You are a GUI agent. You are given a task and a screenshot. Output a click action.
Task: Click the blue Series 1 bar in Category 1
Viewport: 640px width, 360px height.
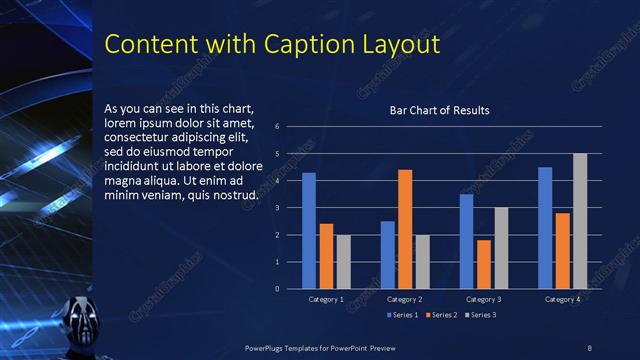coord(309,231)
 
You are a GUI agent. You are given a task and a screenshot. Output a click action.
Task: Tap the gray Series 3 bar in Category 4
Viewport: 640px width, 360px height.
coord(580,221)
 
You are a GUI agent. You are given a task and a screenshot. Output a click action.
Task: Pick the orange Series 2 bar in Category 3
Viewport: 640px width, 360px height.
coord(484,264)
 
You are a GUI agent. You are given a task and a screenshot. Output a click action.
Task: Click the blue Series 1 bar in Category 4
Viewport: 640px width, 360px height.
coord(545,228)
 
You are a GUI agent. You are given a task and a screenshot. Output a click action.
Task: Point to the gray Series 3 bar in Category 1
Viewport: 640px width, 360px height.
coord(344,262)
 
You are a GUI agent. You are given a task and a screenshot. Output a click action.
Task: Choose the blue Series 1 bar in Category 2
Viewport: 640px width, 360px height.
coord(387,255)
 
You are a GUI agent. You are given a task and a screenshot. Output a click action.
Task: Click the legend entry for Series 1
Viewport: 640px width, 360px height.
coord(401,315)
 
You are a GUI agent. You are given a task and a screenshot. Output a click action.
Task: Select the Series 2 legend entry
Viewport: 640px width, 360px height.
coord(441,315)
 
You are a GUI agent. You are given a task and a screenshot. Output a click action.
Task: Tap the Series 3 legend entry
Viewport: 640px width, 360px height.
coord(480,315)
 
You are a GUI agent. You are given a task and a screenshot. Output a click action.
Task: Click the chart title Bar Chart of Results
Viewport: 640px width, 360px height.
coord(439,110)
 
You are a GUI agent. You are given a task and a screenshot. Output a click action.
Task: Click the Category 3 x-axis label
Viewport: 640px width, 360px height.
coord(483,299)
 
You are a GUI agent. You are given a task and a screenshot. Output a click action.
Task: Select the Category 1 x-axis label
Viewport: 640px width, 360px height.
coord(326,299)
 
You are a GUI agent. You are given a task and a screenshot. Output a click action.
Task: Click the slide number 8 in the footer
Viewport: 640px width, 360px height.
coord(589,347)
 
